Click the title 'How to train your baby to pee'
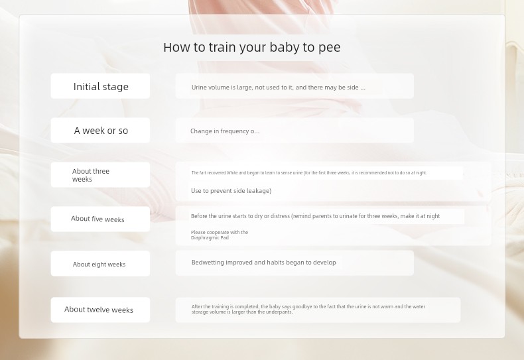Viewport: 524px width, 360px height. [251, 48]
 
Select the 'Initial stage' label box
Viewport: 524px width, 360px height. [100, 86]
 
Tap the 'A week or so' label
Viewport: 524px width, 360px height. [101, 131]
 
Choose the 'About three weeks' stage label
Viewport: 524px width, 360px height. [91, 175]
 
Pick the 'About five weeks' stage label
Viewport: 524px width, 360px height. [98, 219]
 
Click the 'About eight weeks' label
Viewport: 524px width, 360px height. [99, 264]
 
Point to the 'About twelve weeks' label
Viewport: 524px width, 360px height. [99, 310]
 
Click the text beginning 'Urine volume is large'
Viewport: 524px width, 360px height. [279, 88]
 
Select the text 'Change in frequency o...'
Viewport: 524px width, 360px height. [225, 131]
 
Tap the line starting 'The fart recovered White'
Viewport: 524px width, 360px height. [309, 172]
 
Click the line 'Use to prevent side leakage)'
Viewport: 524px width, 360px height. [231, 191]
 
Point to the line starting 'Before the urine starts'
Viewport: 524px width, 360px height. [315, 216]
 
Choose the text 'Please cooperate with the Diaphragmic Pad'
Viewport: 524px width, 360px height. [220, 235]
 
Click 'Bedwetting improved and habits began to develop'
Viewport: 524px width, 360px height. [264, 263]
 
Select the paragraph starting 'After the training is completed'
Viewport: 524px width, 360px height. [308, 309]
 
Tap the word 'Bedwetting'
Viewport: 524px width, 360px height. [208, 263]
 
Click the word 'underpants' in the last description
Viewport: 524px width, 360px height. [279, 312]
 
